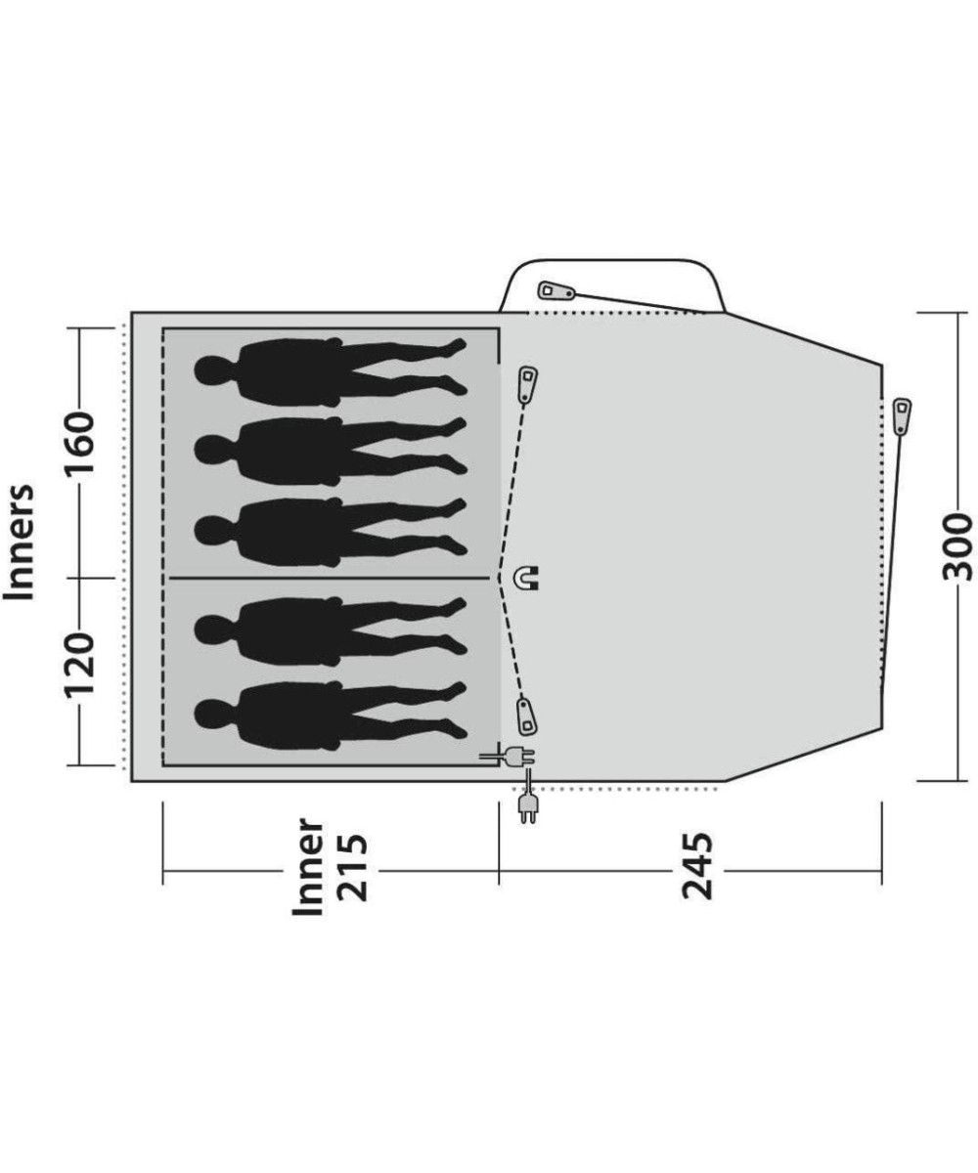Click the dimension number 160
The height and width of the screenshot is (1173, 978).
79,443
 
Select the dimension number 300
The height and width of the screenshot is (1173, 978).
957,547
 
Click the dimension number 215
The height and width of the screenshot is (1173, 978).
353,869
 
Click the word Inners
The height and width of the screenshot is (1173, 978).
19,542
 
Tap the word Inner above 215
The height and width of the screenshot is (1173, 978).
308,867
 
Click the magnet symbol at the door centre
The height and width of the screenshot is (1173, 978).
527,578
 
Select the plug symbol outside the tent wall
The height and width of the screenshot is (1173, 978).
527,804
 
